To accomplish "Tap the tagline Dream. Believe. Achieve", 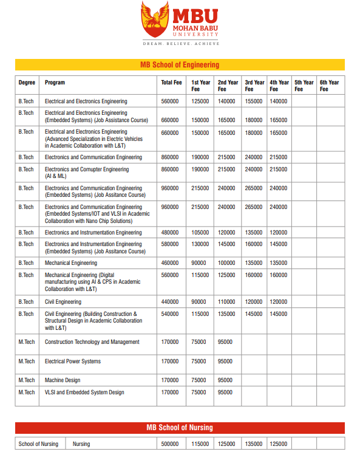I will click(180, 44).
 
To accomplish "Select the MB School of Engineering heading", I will click(180, 65).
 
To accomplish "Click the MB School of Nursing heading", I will click(180, 428).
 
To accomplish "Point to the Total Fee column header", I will click(171, 83).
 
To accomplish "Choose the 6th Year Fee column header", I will click(329, 86).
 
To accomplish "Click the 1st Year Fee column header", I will click(200, 86).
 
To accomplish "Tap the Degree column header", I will click(27, 83).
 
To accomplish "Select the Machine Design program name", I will click(63, 380).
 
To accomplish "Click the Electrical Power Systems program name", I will click(73, 361).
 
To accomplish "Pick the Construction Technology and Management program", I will click(92, 342).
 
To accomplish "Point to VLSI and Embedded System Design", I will click(84, 392).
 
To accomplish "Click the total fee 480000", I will click(169, 233).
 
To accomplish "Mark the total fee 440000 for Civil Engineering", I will click(169, 302).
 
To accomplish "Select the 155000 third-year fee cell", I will click(254, 101).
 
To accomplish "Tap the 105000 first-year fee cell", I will click(199, 233).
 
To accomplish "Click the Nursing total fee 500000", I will click(169, 444).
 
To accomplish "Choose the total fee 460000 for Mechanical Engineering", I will click(169, 263).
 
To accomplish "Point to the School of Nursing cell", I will click(38, 444).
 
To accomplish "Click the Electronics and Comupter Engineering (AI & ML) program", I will click(87, 173).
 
